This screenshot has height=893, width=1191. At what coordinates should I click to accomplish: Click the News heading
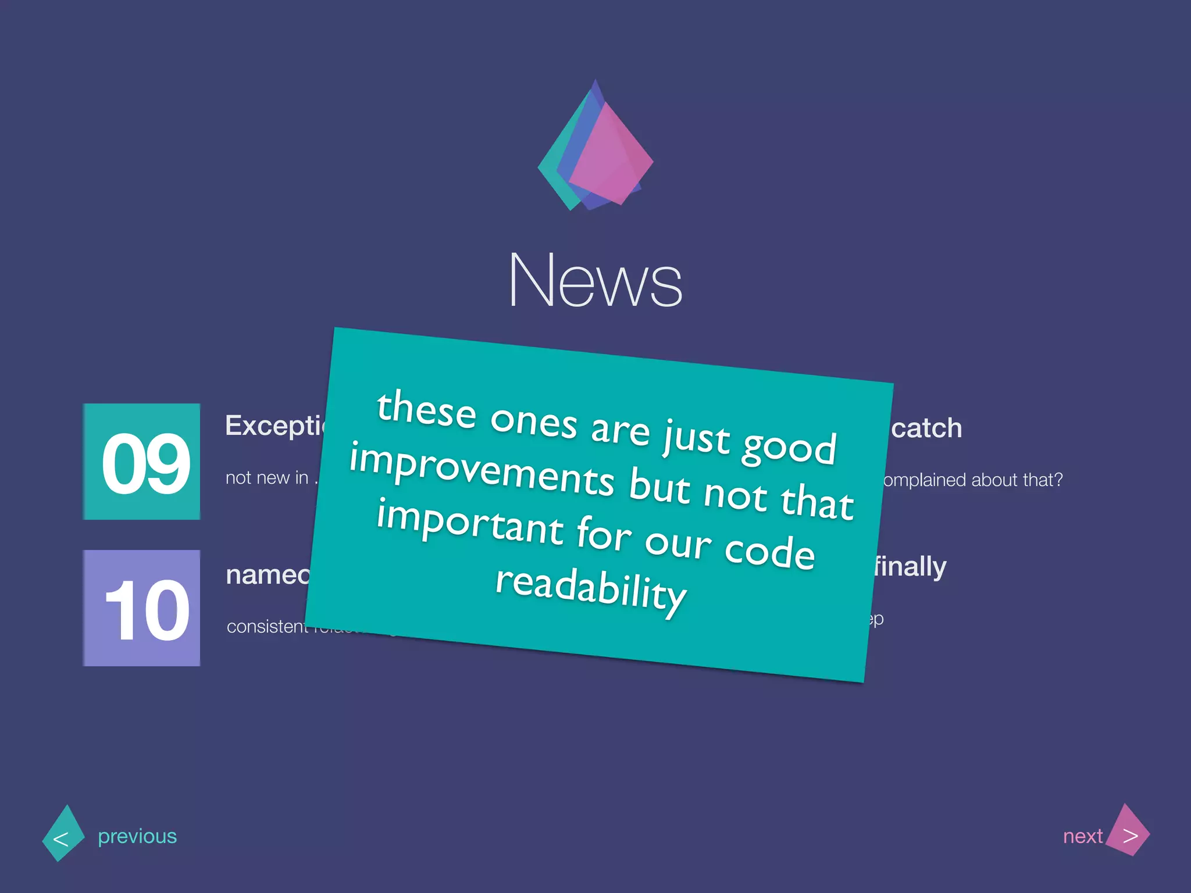[595, 280]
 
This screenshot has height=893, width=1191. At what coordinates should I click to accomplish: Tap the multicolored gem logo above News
[595, 148]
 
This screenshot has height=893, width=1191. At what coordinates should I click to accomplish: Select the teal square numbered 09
[142, 462]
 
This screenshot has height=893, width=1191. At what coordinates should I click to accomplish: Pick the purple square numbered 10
[142, 608]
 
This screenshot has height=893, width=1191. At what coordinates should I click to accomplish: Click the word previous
[137, 836]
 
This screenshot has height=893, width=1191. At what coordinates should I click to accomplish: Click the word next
[1082, 836]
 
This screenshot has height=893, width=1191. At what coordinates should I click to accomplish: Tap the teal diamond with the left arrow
[63, 834]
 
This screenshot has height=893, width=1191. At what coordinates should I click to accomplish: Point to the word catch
[926, 428]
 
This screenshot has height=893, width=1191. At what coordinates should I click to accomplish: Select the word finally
[911, 567]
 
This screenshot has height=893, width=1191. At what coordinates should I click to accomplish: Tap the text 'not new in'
[267, 478]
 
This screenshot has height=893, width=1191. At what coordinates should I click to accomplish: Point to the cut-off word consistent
[267, 626]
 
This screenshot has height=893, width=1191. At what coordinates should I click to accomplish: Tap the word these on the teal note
[426, 410]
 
